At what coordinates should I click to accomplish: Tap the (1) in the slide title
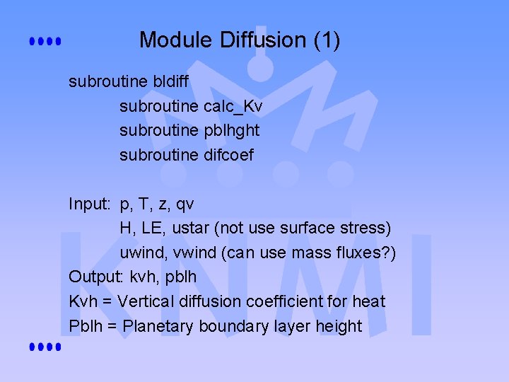[326, 40]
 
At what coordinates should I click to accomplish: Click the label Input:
[90, 204]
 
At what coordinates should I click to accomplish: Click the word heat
[368, 302]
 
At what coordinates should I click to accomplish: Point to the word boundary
[235, 326]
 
